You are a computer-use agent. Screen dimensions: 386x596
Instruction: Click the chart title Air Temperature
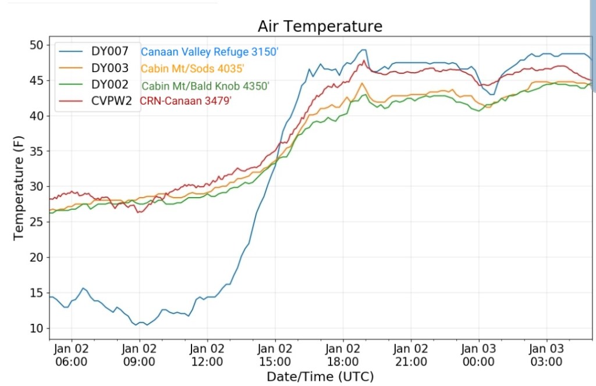(320, 27)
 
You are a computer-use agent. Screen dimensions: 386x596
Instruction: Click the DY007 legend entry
(115, 51)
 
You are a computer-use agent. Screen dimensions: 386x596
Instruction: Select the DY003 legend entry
(115, 67)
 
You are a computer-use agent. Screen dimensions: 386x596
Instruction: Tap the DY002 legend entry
(115, 84)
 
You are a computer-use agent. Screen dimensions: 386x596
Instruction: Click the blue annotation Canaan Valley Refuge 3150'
(210, 52)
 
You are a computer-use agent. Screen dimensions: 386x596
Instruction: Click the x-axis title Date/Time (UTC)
(320, 376)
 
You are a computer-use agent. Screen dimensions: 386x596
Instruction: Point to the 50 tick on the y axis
(36, 45)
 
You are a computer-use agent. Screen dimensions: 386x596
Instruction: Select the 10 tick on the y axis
(36, 328)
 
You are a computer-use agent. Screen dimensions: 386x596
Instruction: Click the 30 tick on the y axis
(36, 187)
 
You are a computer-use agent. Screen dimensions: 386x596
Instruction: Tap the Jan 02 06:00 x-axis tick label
(72, 355)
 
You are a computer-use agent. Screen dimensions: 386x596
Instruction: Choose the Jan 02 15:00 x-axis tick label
(275, 355)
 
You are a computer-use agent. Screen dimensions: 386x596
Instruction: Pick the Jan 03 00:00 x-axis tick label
(478, 355)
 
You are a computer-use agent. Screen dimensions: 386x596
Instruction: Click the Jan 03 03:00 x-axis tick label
(547, 355)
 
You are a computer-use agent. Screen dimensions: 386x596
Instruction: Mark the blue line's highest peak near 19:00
(363, 50)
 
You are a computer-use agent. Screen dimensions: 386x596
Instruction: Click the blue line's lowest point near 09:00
(146, 324)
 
